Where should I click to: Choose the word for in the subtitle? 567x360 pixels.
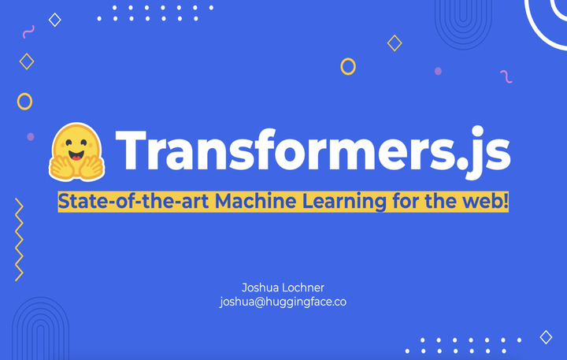click(x=406, y=201)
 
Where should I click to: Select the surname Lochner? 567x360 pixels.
click(x=303, y=288)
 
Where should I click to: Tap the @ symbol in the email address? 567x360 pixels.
click(x=259, y=302)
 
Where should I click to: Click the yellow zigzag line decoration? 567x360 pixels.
click(x=19, y=239)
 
